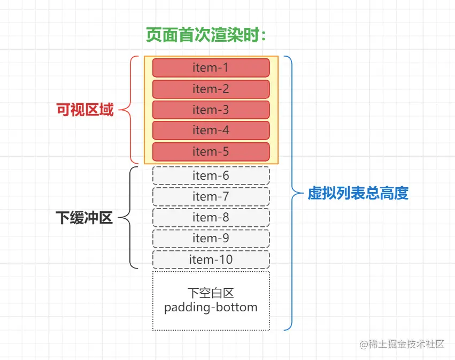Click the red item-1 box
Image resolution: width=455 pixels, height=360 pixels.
click(x=211, y=68)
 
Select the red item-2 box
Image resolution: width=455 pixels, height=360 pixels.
click(x=211, y=89)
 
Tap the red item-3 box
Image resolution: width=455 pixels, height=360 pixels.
click(x=211, y=110)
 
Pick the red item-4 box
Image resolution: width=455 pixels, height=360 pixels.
click(x=211, y=131)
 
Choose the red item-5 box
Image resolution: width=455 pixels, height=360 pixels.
click(x=211, y=151)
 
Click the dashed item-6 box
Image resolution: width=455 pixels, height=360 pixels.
click(x=211, y=176)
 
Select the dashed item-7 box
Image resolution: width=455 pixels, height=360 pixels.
click(x=211, y=197)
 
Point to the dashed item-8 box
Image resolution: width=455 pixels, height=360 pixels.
click(x=211, y=218)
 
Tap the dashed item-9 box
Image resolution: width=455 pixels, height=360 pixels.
click(x=211, y=239)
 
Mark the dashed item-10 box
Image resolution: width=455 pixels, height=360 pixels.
click(x=211, y=259)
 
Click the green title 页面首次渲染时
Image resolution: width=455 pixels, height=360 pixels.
click(x=206, y=35)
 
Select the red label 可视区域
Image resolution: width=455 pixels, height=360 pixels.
click(x=85, y=110)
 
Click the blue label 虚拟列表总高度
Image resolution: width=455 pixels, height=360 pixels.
click(x=358, y=193)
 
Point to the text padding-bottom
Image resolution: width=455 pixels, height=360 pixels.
click(x=211, y=308)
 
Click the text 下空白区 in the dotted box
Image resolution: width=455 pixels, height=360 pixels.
click(x=211, y=293)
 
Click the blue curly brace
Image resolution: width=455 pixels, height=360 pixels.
click(x=291, y=193)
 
